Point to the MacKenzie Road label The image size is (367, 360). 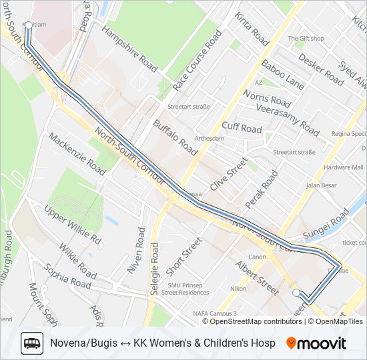tap(76, 153)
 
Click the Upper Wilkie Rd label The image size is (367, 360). tap(73, 225)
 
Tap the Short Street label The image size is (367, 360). tap(183, 256)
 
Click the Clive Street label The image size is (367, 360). tap(229, 173)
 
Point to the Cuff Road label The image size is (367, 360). tap(242, 127)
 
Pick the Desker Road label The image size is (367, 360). tap(320, 69)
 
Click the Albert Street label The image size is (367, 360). tap(257, 277)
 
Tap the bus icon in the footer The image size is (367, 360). tap(32, 343)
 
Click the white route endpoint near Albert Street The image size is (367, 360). tap(297, 292)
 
